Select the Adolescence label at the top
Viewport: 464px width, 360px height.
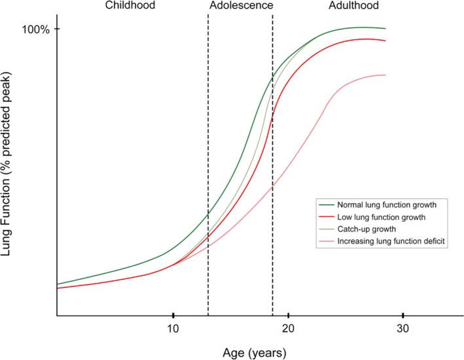point(240,7)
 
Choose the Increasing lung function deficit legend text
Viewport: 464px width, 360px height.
point(387,242)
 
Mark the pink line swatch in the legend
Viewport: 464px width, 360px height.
point(327,242)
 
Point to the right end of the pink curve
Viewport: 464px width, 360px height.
point(385,75)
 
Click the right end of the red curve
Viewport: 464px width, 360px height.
point(385,41)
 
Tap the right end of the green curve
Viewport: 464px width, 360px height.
point(385,29)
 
